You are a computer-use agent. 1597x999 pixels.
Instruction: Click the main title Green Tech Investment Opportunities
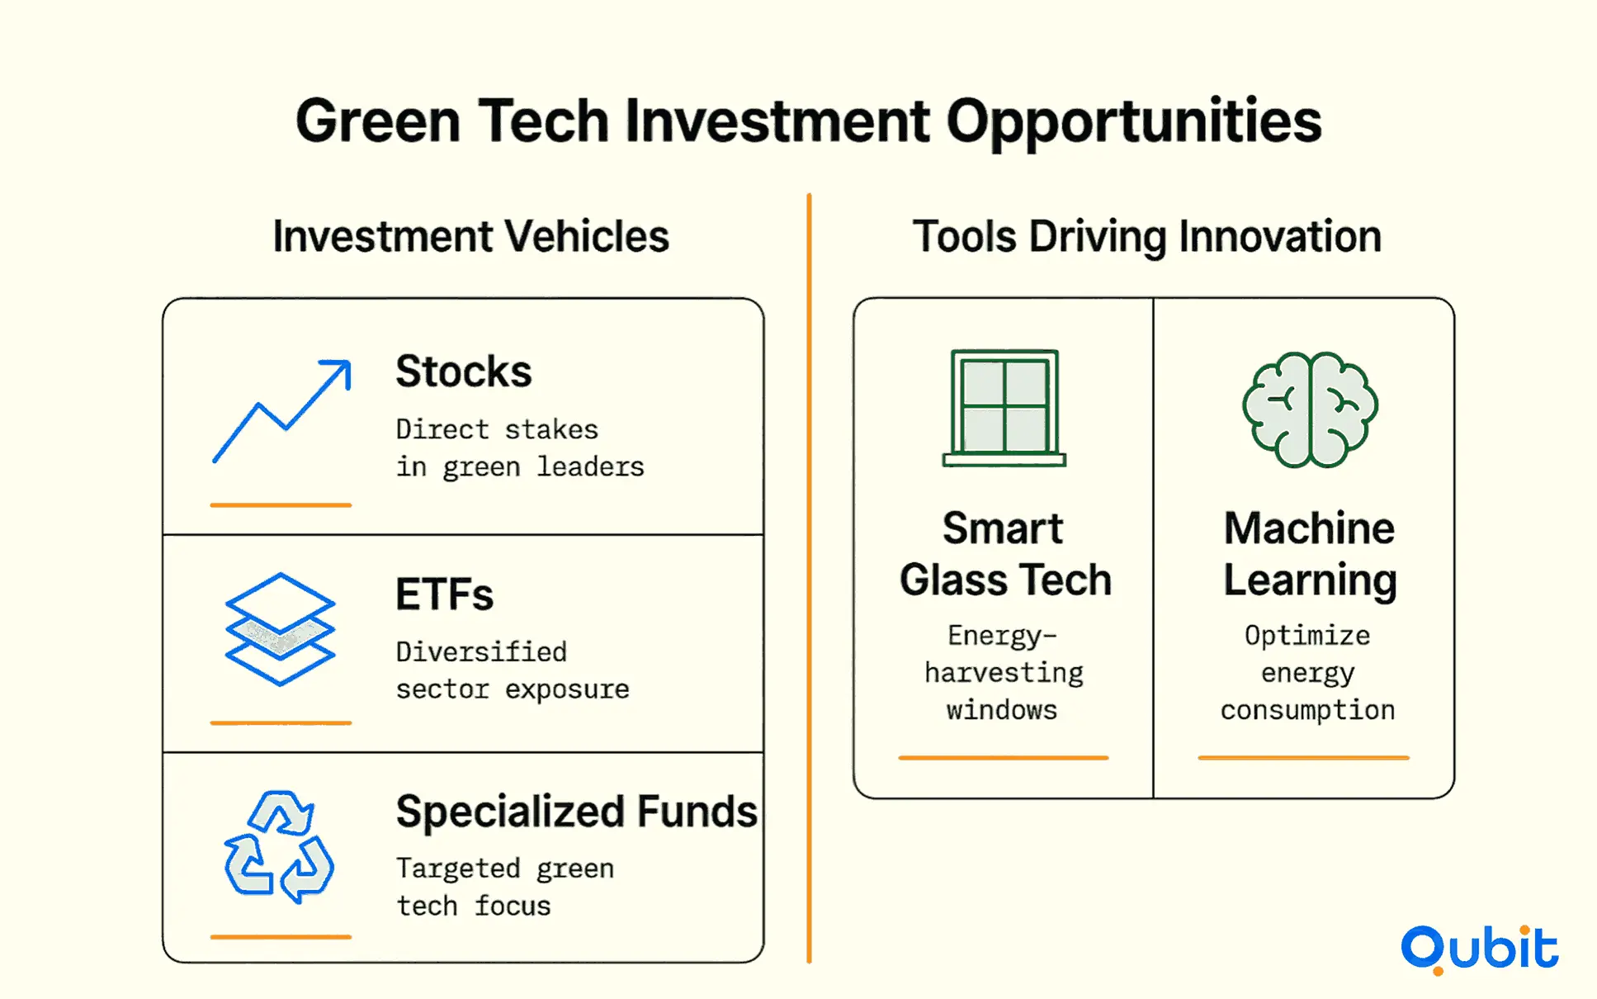[808, 121]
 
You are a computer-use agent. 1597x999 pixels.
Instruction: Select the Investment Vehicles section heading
[470, 237]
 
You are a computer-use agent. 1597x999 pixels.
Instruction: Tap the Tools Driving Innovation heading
[1146, 237]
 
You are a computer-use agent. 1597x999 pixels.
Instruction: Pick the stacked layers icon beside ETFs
[280, 629]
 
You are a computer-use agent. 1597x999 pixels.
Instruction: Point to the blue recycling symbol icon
[279, 847]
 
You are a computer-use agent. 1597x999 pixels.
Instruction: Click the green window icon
[1004, 408]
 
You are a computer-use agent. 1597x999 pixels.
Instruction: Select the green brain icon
[1310, 410]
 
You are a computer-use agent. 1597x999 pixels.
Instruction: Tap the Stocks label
[464, 372]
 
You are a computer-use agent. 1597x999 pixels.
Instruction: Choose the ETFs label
[444, 594]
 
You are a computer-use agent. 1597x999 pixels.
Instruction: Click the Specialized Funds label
[576, 812]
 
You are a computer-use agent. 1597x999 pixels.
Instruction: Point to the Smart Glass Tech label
[1005, 553]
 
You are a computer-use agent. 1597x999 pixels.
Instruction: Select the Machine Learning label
[1310, 553]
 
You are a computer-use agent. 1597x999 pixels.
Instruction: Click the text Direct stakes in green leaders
[520, 448]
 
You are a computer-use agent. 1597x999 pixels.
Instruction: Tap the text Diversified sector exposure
[513, 670]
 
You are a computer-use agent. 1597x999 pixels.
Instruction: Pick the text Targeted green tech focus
[505, 887]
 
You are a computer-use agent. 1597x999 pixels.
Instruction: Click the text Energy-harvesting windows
[1004, 673]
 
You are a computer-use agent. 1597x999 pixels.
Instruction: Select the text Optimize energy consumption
[1308, 673]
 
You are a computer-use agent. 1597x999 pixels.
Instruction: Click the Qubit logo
[1480, 949]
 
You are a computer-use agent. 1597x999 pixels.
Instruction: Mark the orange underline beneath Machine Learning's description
[1304, 757]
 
